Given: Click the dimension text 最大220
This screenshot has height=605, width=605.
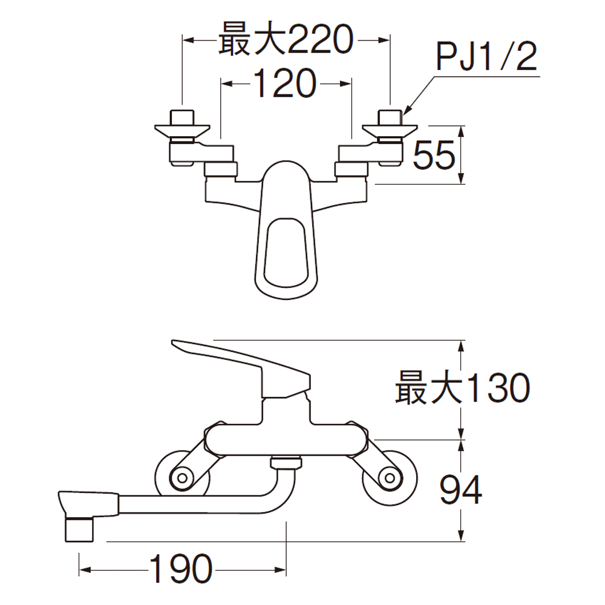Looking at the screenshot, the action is (x=286, y=39).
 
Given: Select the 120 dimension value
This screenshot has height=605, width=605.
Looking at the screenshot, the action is (x=285, y=83).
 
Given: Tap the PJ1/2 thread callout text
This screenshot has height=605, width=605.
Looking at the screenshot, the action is (x=487, y=57).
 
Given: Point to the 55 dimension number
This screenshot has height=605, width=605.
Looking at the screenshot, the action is (x=434, y=155).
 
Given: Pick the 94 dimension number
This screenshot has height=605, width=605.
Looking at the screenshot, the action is (x=460, y=490).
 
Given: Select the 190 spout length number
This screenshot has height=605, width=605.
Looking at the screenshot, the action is (x=180, y=569).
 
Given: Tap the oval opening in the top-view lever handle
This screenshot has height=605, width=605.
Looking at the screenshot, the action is (x=286, y=253).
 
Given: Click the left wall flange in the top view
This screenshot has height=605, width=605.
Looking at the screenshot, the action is (x=181, y=129).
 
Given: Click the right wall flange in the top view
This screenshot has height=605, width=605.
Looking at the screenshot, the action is (x=390, y=129).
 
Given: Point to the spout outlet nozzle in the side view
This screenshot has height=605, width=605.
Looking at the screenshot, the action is (x=79, y=529).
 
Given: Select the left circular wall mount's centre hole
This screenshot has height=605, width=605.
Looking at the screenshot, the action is (x=182, y=479).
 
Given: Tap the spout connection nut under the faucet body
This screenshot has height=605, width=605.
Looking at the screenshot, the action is (x=286, y=462).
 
